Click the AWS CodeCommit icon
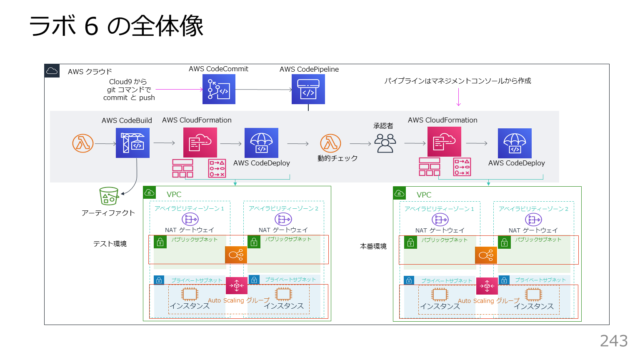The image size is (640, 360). click(x=219, y=89)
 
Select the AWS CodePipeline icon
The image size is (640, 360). click(x=308, y=89)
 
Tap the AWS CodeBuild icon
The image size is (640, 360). click(x=132, y=143)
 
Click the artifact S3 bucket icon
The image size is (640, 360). click(x=109, y=196)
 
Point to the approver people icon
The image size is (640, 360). click(x=385, y=143)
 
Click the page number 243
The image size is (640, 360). click(x=614, y=341)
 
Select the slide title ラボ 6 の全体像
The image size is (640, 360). click(x=116, y=26)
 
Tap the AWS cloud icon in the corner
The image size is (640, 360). click(x=52, y=71)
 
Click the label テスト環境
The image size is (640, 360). click(x=110, y=244)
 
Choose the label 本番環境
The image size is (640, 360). click(x=373, y=246)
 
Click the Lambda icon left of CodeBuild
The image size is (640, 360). click(x=82, y=143)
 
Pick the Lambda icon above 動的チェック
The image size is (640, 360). click(x=330, y=143)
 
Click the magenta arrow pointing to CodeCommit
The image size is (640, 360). click(x=179, y=89)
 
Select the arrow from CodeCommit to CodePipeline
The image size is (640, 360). click(x=263, y=90)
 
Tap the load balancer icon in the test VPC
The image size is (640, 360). click(x=236, y=255)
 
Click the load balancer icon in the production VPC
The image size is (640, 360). click(x=486, y=255)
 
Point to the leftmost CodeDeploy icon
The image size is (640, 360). click(x=261, y=143)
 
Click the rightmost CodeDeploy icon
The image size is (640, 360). click(x=515, y=143)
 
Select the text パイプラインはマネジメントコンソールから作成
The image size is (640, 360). click(x=457, y=81)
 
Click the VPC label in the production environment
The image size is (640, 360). click(x=424, y=195)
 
